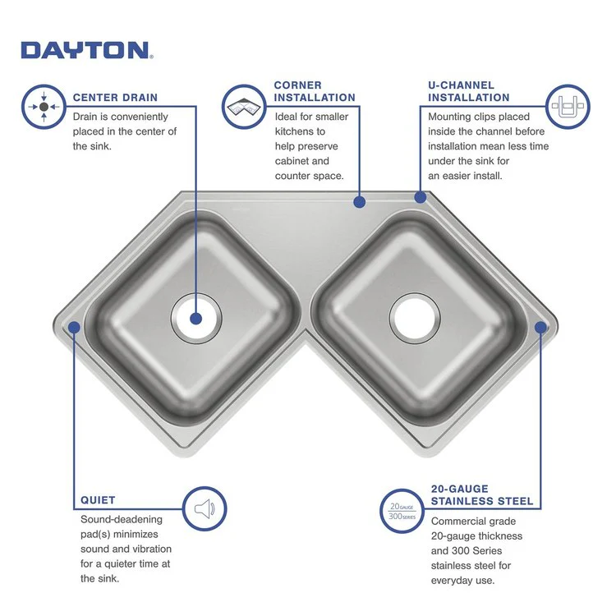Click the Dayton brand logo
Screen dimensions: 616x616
click(x=85, y=50)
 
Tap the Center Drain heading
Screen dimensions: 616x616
click(x=116, y=97)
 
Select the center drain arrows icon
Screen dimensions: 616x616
click(x=44, y=107)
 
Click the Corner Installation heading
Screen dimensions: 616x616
click(x=315, y=91)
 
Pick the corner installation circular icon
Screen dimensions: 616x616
click(x=244, y=107)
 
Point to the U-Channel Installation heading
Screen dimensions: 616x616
click(x=469, y=91)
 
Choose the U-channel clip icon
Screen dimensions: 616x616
click(x=568, y=107)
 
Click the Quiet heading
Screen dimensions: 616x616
click(x=98, y=499)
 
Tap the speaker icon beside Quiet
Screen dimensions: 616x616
click(x=204, y=509)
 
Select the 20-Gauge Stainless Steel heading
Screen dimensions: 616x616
click(x=482, y=494)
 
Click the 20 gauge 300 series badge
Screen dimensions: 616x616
click(x=402, y=510)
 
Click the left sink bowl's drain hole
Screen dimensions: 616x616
click(x=195, y=318)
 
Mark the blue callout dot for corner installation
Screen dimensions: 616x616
click(x=359, y=200)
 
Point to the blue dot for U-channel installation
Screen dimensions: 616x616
click(x=421, y=197)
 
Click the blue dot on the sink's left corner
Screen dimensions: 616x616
click(x=73, y=327)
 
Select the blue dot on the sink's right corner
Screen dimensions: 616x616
click(x=540, y=327)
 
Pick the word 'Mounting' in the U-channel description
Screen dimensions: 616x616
click(x=450, y=117)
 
